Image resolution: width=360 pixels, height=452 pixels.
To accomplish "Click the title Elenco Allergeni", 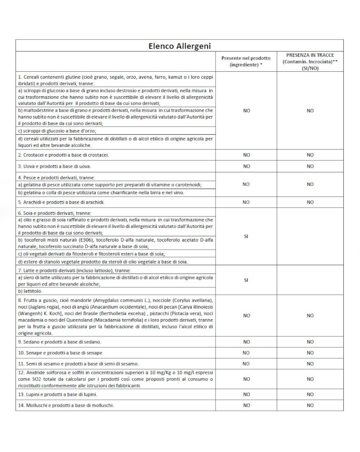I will [x=179, y=46].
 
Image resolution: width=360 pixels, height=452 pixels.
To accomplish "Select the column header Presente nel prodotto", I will [x=246, y=61].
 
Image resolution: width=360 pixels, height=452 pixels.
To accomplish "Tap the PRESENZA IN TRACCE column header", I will [x=310, y=62].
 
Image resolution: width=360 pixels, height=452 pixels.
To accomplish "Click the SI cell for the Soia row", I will [x=246, y=237].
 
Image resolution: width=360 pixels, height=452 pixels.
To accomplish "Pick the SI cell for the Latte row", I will [x=246, y=280].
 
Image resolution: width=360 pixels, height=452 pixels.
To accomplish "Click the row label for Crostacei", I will [x=64, y=155].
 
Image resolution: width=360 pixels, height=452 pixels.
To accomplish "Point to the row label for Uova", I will [x=54, y=166].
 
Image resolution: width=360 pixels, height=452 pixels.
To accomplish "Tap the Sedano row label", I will [x=60, y=342].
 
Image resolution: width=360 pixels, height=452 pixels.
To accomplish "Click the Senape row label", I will [x=60, y=353].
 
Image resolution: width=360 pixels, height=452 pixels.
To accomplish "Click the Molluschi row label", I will [x=66, y=405].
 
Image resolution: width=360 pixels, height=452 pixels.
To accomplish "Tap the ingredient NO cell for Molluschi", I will [x=246, y=405].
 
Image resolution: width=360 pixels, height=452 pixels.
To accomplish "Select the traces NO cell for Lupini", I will [x=310, y=395].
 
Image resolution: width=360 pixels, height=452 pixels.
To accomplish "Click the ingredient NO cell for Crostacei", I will [x=246, y=155].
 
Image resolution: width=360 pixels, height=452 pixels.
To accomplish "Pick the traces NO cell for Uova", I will [x=310, y=166].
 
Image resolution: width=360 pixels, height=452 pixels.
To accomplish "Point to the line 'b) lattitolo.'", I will [x=30, y=291].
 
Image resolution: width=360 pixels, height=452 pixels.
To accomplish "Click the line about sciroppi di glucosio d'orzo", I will [x=57, y=131].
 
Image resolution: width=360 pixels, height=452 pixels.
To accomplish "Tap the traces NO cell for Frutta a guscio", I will [x=310, y=316].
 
